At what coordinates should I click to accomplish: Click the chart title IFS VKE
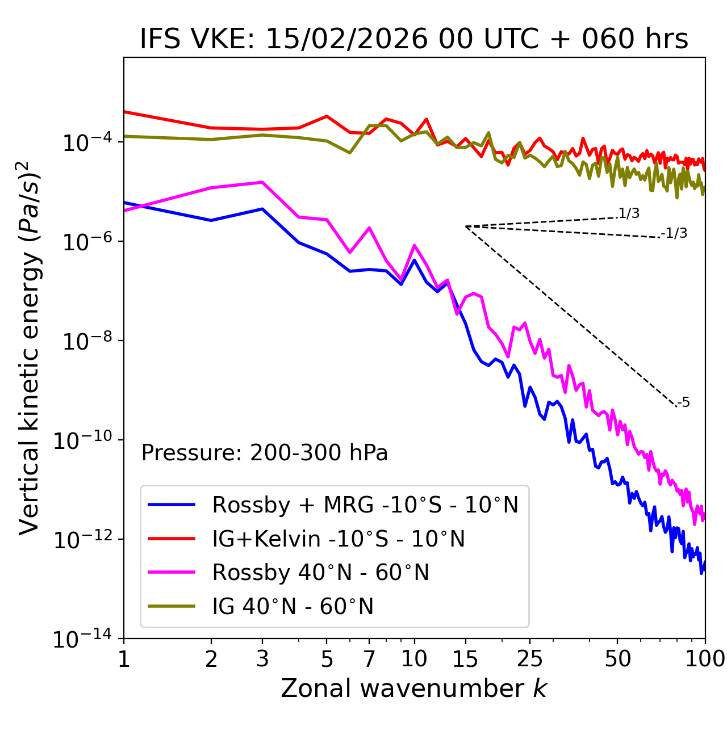[x=414, y=39]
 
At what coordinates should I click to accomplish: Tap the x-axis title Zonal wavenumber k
[x=414, y=688]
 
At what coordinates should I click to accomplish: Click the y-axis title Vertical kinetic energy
[x=30, y=348]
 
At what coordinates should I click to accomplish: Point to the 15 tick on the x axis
[x=465, y=658]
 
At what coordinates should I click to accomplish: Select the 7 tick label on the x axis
[x=369, y=658]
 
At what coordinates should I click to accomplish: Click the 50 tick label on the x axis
[x=617, y=658]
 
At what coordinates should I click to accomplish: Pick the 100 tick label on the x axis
[x=705, y=658]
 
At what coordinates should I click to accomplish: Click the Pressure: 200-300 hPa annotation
[x=265, y=453]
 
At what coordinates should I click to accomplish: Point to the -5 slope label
[x=684, y=403]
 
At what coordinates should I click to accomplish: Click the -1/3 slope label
[x=675, y=233]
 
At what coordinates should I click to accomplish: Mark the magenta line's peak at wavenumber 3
[x=262, y=182]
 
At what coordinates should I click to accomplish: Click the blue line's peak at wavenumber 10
[x=415, y=260]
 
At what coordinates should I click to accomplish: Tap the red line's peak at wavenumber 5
[x=327, y=116]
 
